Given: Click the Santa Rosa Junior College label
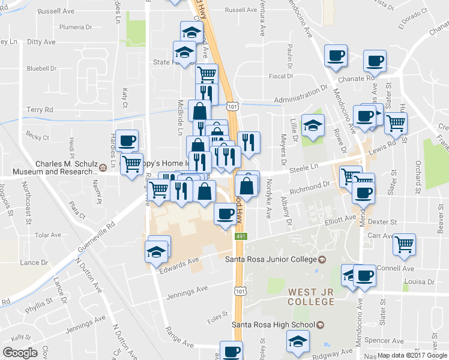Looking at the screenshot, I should click(x=270, y=259).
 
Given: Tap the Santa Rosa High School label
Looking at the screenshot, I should click(x=273, y=325).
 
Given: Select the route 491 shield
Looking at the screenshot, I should click(x=241, y=237).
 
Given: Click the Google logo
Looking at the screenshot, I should click(x=20, y=353).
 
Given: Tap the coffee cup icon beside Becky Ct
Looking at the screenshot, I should click(x=127, y=141).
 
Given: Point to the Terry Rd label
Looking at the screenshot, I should click(x=40, y=110).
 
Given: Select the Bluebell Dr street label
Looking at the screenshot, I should click(x=41, y=68).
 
